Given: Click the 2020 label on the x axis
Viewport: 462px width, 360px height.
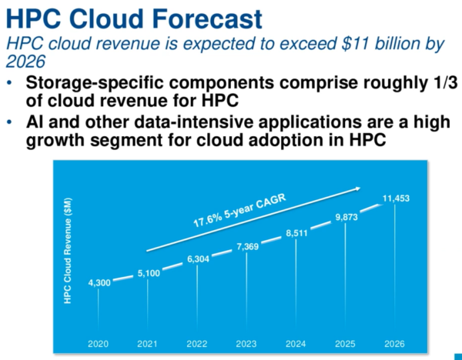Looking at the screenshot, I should pos(99,343).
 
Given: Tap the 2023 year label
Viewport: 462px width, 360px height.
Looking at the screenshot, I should pos(246,343).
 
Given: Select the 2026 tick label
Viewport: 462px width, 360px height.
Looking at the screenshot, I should pos(395,343).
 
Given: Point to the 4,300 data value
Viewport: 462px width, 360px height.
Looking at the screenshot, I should pos(99,282).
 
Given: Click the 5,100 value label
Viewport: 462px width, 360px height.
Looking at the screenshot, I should pos(148,272).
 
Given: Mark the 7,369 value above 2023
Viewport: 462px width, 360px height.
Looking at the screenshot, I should pos(246,245).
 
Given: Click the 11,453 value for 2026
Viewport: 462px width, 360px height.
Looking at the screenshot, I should pos(396,198).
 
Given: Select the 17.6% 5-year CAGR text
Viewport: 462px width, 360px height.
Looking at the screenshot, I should pos(236,210).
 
